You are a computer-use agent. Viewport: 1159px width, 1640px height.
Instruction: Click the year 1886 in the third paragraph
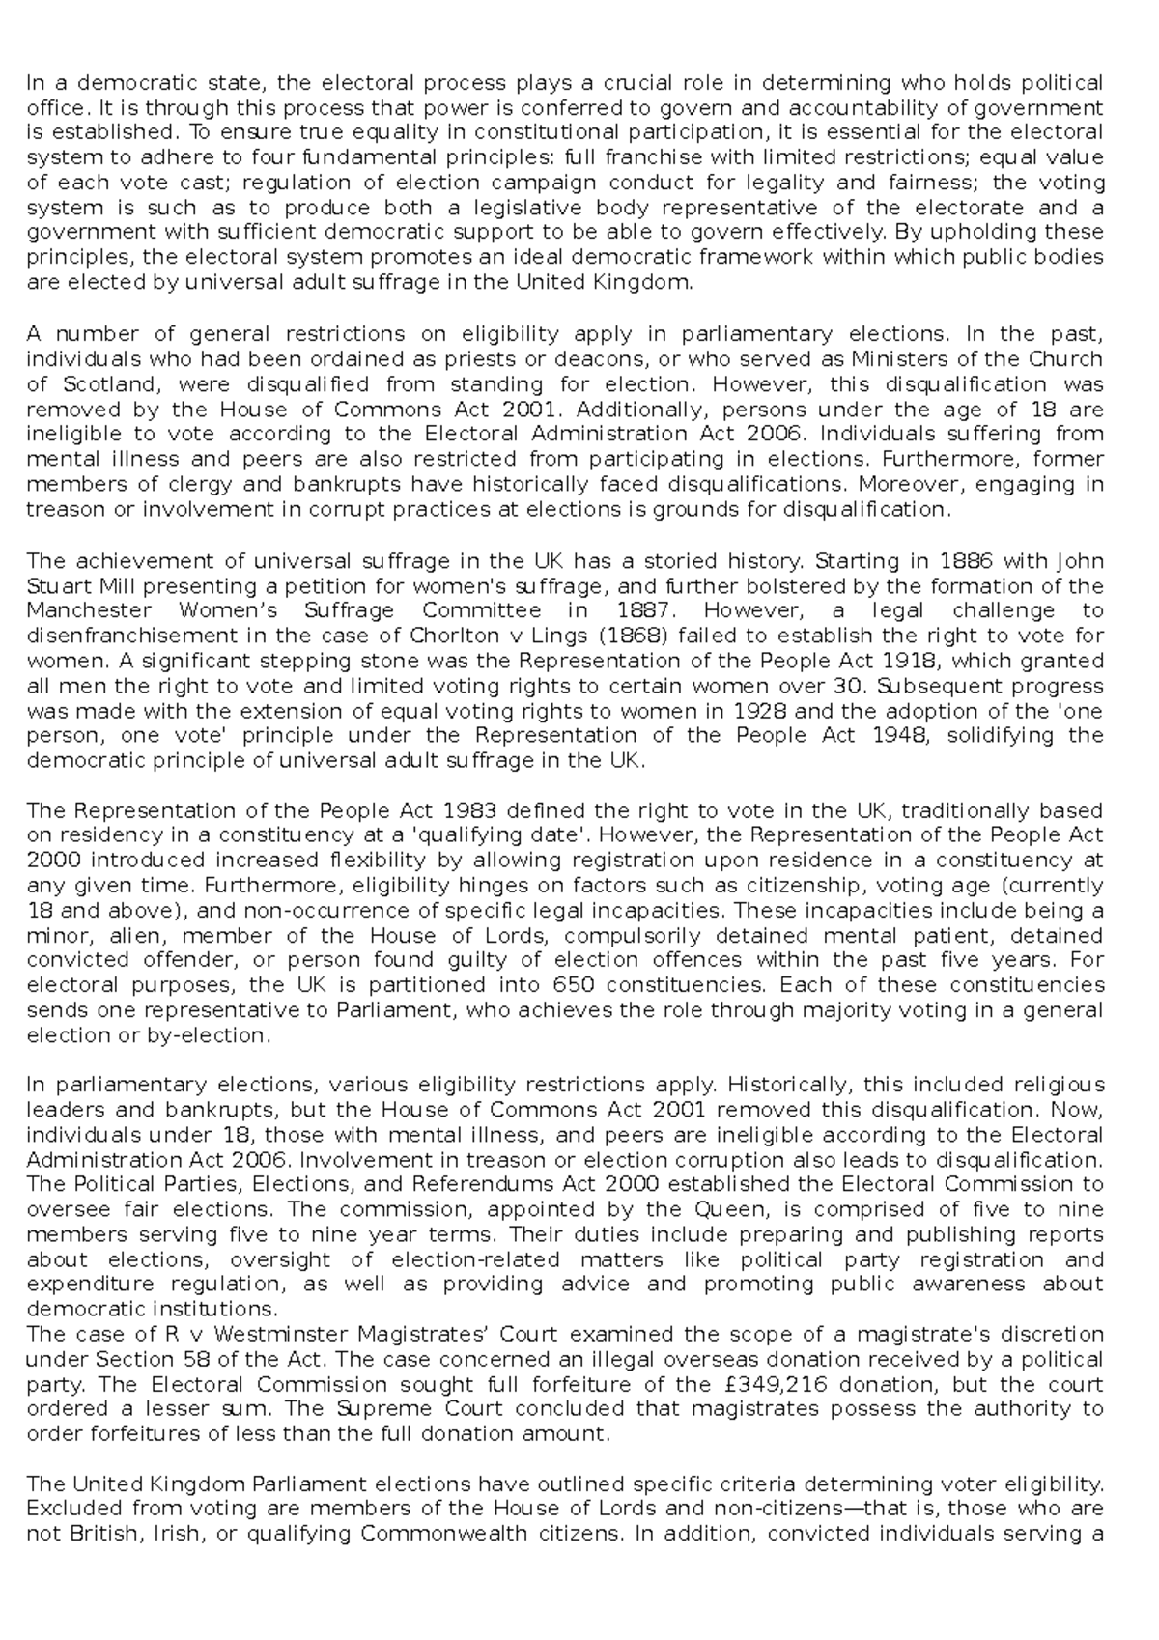(x=969, y=561)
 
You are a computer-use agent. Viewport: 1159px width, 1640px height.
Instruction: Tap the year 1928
(x=761, y=711)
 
